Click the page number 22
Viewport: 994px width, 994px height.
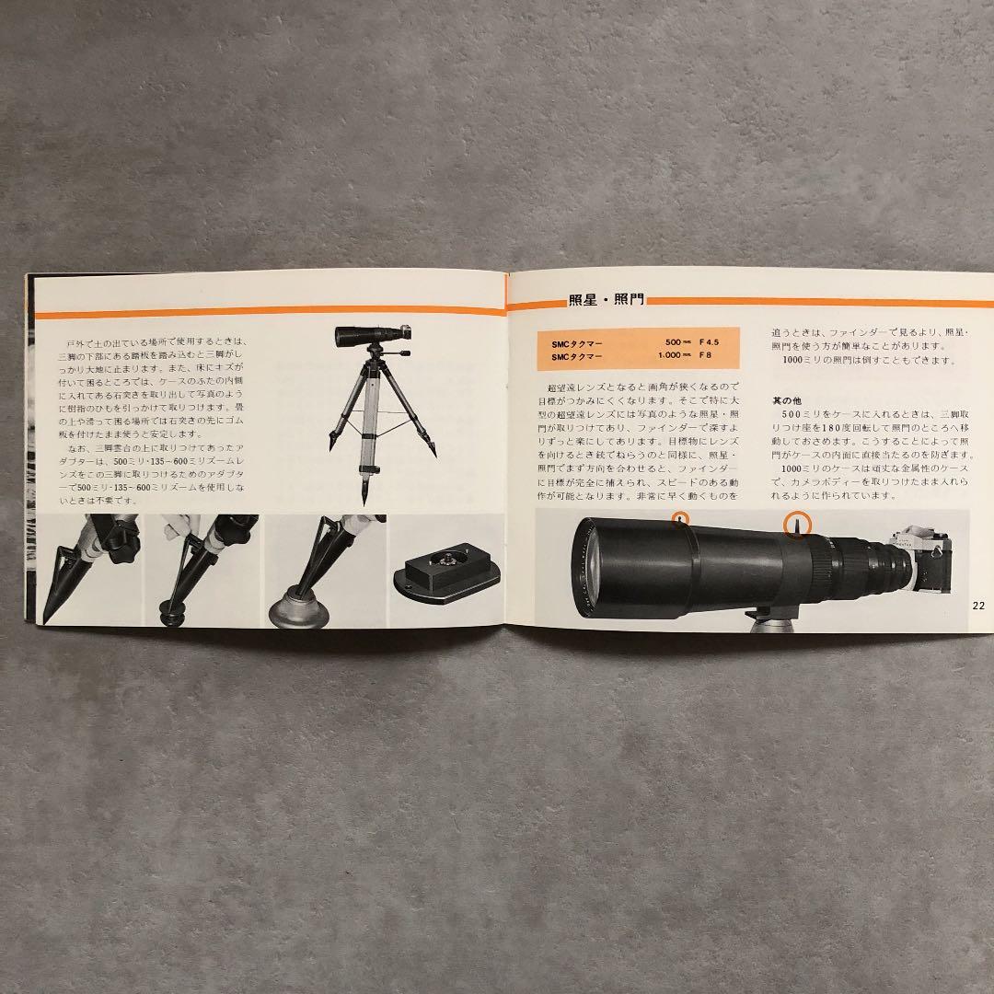977,606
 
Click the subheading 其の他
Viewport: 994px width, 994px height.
787,400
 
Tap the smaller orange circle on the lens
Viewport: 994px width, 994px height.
679,518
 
